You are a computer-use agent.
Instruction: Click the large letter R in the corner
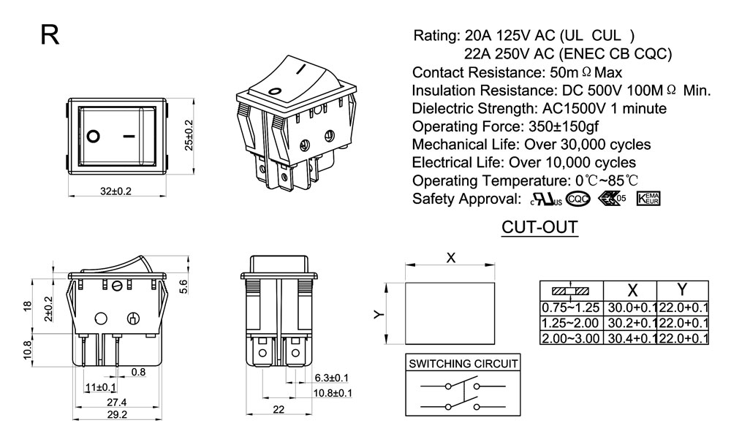coord(50,35)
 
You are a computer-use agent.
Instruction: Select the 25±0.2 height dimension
coord(189,136)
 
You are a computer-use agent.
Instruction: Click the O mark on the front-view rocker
coord(94,136)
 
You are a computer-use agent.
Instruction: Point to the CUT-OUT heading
coord(539,228)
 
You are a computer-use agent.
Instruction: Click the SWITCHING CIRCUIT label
coord(463,363)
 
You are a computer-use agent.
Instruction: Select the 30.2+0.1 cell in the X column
coord(629,322)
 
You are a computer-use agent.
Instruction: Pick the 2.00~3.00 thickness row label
coord(570,337)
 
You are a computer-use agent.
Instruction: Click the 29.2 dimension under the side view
coord(117,414)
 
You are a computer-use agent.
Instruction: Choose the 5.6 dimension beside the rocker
coord(184,287)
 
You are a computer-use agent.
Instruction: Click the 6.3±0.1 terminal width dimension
coord(331,378)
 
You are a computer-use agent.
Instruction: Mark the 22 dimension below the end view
coord(279,410)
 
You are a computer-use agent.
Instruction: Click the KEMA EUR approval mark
coord(648,199)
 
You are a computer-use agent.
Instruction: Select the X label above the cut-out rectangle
coord(451,257)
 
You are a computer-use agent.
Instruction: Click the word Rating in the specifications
coord(436,36)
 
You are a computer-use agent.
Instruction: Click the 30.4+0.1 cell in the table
coord(629,338)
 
